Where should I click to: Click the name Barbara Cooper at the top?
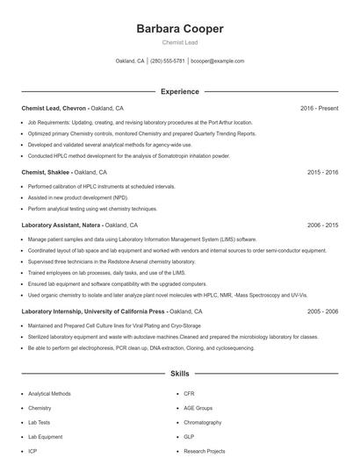[x=180, y=28]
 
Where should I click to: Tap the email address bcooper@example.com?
[x=217, y=61]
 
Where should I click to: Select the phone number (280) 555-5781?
[x=168, y=61]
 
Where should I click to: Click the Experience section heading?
[x=179, y=91]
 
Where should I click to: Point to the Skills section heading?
[x=179, y=374]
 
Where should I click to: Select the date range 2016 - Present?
[x=319, y=108]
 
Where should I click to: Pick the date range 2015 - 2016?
[x=322, y=173]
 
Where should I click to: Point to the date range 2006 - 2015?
[x=322, y=225]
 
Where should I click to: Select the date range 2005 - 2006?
[x=322, y=311]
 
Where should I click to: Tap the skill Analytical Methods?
[x=49, y=394]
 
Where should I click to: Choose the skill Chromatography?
[x=202, y=422]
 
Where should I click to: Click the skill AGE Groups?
[x=198, y=408]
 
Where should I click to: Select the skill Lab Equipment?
[x=46, y=436]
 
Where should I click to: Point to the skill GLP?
[x=189, y=436]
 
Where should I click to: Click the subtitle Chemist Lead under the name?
[x=180, y=42]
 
